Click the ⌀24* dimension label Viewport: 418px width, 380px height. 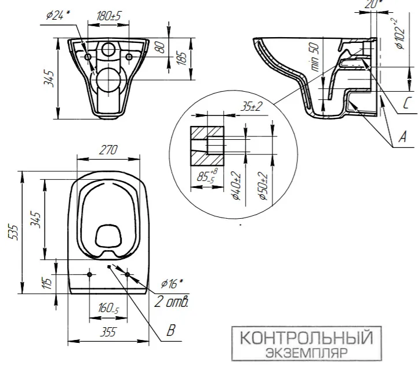click(x=57, y=15)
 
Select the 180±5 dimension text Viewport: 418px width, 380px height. click(x=108, y=16)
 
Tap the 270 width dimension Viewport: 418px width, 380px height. click(x=108, y=150)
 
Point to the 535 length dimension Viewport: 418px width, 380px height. click(x=14, y=233)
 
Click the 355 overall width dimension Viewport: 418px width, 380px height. click(x=108, y=332)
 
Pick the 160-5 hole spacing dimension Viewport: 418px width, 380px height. click(x=108, y=308)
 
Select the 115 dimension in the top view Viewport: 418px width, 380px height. click(x=47, y=284)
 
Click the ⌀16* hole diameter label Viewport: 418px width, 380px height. click(x=172, y=283)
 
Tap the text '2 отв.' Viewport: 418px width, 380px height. click(x=172, y=302)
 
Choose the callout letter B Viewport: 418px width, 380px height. click(x=171, y=330)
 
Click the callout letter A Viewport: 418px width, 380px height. click(x=402, y=137)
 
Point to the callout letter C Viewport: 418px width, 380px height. click(x=407, y=103)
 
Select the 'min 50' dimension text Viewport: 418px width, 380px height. click(x=315, y=57)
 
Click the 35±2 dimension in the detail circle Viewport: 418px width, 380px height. click(x=252, y=107)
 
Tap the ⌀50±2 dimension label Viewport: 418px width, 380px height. click(x=263, y=186)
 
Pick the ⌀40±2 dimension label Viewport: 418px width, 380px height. click(x=237, y=186)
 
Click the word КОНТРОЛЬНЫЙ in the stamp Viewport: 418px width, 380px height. click(x=306, y=338)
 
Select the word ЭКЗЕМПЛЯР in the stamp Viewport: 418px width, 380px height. click(x=307, y=353)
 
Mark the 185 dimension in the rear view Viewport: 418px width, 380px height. click(x=181, y=58)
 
